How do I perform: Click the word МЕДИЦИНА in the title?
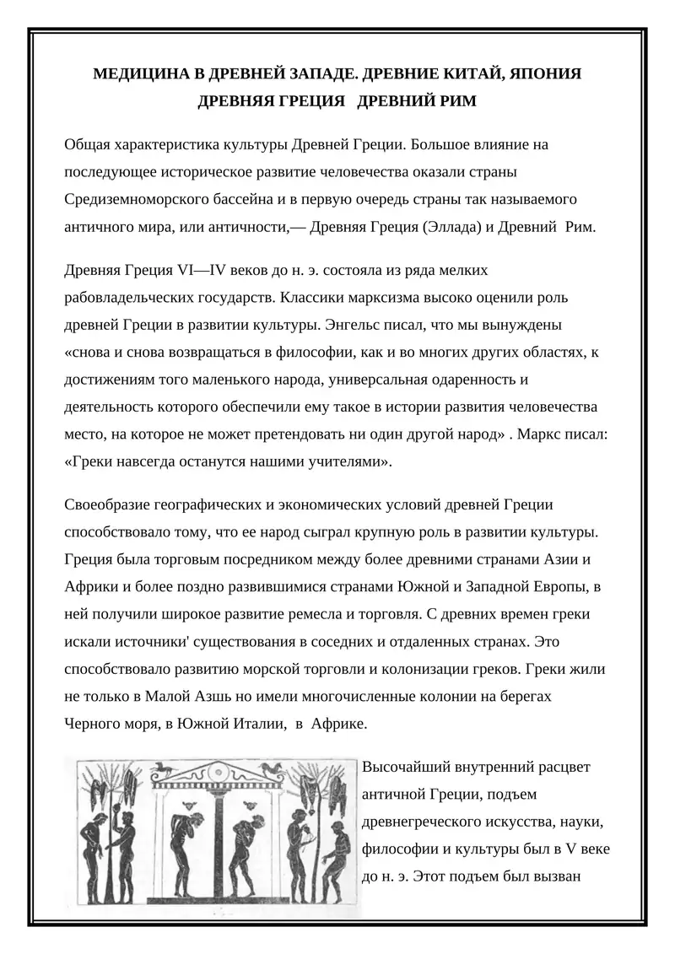135,74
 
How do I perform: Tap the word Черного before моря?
90,724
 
